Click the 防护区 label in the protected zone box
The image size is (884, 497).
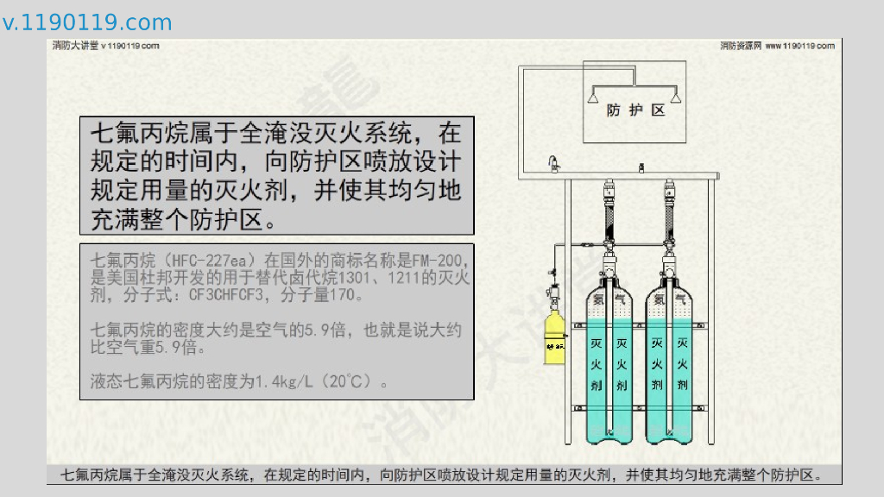(x=635, y=110)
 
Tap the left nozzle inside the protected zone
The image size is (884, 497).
(x=595, y=94)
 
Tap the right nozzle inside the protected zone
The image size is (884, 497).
(x=675, y=94)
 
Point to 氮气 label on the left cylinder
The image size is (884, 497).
(x=609, y=299)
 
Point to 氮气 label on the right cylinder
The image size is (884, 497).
(x=670, y=299)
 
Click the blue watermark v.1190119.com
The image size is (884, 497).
(x=87, y=22)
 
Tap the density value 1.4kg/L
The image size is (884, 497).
(x=287, y=381)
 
